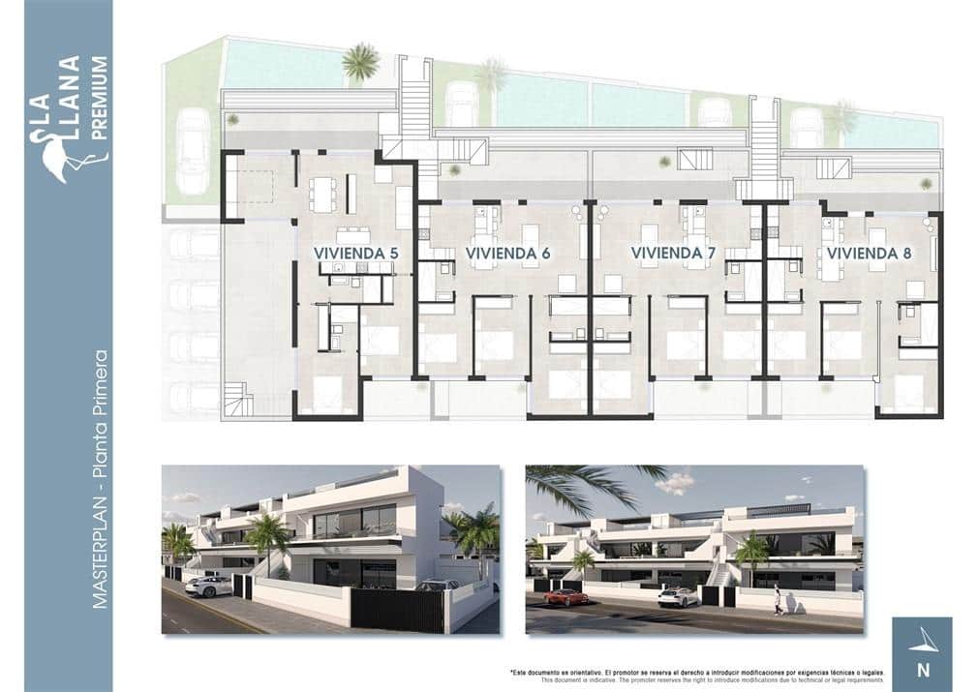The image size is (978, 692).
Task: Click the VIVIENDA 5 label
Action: (356, 254)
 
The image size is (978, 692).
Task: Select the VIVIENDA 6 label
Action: (508, 254)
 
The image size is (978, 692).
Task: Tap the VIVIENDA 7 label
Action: (673, 254)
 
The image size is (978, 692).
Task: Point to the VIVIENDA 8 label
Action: (870, 254)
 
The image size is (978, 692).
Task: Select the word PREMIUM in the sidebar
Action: (99, 97)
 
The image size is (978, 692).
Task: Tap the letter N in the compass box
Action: (922, 668)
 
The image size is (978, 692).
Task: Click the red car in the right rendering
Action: (565, 597)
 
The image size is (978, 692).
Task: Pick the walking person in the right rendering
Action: (777, 601)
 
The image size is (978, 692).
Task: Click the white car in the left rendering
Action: (208, 586)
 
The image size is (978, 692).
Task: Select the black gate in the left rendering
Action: (396, 610)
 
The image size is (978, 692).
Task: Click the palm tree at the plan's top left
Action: (360, 63)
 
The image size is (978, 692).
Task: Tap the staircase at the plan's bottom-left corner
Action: (238, 397)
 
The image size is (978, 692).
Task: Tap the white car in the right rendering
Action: (678, 597)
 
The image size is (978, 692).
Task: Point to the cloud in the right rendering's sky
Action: (675, 482)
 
